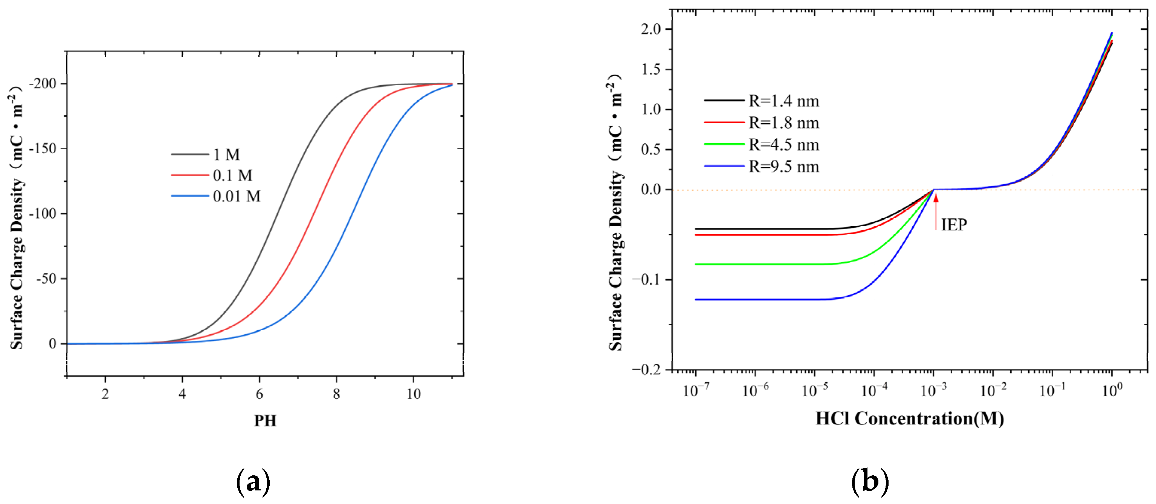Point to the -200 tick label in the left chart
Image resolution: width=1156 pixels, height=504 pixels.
tap(43, 84)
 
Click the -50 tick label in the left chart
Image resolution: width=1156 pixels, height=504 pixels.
tap(46, 279)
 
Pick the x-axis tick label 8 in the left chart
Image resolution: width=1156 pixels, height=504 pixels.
tap(336, 394)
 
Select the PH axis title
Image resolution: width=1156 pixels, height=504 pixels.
tap(265, 421)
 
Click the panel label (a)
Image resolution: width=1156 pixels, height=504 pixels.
tap(253, 481)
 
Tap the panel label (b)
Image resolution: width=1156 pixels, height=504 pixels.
tap(870, 481)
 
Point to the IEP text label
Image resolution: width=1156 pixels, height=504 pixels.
tap(954, 225)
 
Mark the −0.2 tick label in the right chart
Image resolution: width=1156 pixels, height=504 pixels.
tap(647, 369)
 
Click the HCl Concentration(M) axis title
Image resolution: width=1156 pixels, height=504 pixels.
tap(910, 419)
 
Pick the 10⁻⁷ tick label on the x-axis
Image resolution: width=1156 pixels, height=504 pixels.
tap(696, 391)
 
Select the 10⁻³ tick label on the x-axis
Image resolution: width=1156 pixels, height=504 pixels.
tap(934, 391)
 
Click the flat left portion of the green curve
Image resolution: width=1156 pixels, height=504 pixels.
tap(763, 264)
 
